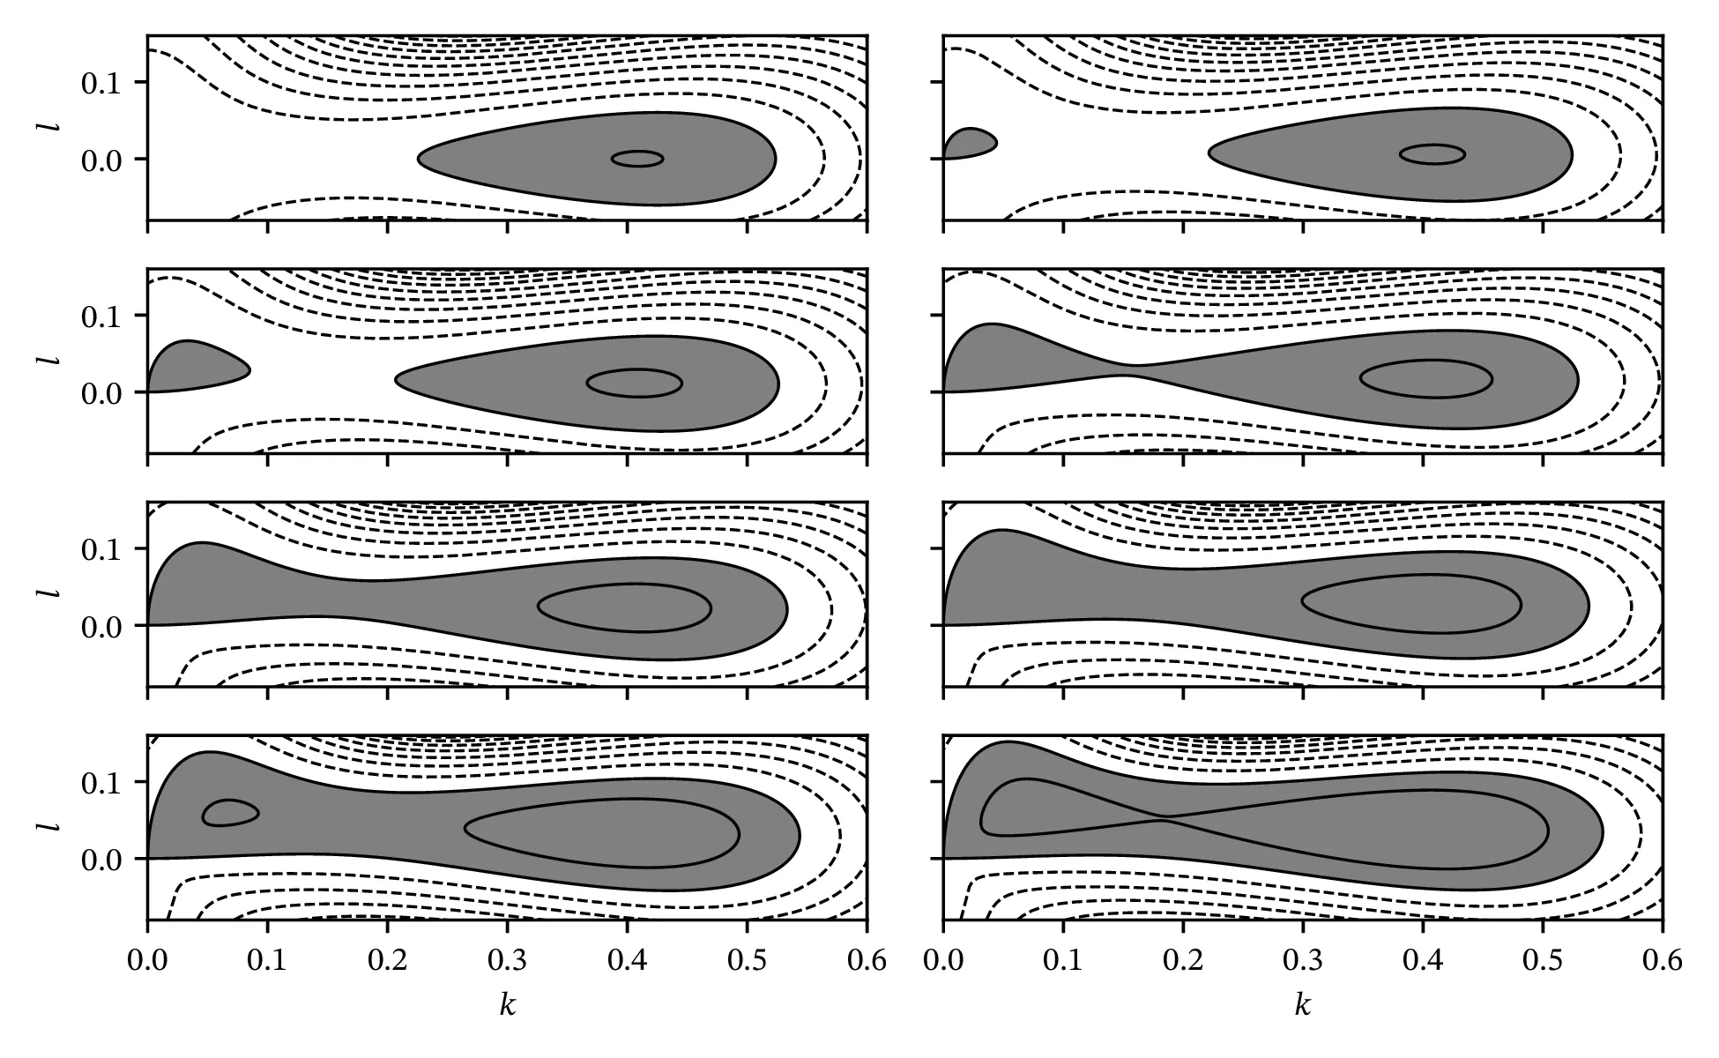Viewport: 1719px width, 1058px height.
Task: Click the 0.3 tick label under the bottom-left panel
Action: coord(507,960)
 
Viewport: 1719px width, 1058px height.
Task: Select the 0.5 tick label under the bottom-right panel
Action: coord(1543,960)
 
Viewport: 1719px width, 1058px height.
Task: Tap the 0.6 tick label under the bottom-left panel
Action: coord(867,960)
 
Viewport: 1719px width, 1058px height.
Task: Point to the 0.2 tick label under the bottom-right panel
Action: coord(1183,960)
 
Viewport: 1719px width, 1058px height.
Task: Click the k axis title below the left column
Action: coord(507,1006)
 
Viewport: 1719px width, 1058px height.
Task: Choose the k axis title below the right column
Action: coord(1303,1006)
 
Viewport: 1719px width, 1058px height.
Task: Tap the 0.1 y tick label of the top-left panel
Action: coord(102,82)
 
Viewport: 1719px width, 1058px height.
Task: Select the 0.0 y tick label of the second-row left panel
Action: coord(102,392)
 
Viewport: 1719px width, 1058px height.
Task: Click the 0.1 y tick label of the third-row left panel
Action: coord(102,548)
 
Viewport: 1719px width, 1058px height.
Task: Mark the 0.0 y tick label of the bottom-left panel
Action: coord(102,859)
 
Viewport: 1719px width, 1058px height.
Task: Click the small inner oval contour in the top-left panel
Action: coord(637,159)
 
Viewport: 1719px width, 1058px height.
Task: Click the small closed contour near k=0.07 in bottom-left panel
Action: coord(230,813)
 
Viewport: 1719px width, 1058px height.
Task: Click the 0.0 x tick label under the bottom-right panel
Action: coord(943,960)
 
